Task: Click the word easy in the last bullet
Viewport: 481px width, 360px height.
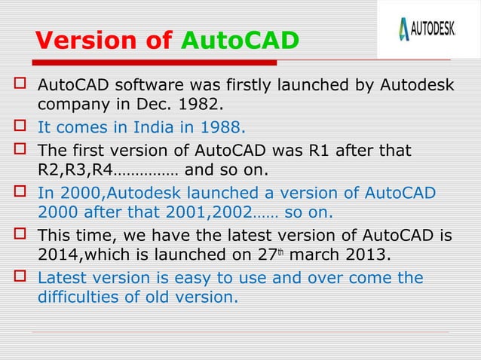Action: coord(189,278)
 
